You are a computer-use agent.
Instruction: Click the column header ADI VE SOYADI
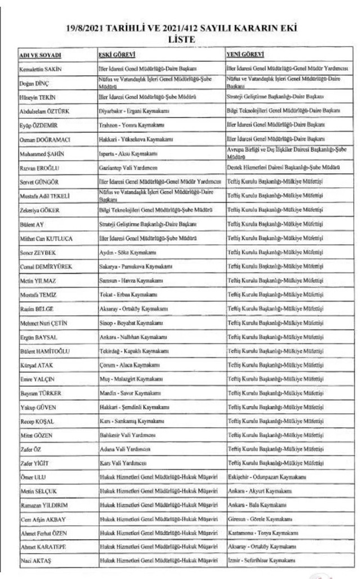pyautogui.click(x=40, y=55)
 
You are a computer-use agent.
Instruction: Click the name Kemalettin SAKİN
pyautogui.click(x=42, y=69)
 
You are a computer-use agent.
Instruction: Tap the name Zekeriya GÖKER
pyautogui.click(x=41, y=210)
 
